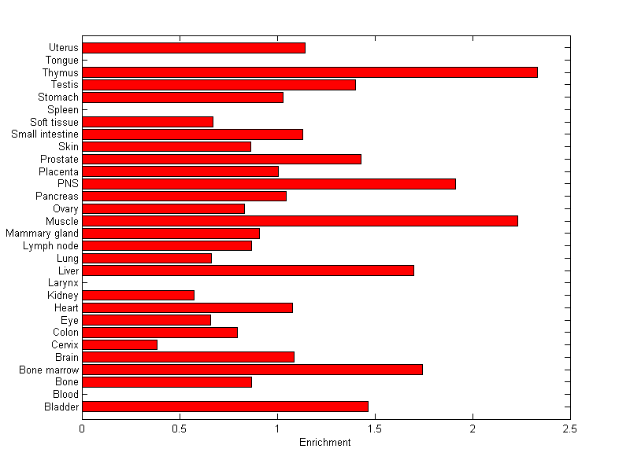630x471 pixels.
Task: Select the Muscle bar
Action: [300, 221]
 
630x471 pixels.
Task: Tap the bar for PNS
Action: [269, 184]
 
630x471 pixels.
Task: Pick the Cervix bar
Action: [120, 344]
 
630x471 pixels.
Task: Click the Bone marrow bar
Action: [252, 370]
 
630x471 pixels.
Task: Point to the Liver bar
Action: [248, 270]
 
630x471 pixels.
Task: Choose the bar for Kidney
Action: [138, 295]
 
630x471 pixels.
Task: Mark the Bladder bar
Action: [225, 407]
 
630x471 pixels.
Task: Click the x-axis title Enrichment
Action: [324, 443]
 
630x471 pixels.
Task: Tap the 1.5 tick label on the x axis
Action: [375, 429]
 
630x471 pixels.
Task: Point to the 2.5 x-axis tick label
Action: [570, 429]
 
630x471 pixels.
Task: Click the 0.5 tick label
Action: [180, 429]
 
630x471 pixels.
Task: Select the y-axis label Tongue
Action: [62, 61]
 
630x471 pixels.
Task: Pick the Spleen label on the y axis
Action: [63, 110]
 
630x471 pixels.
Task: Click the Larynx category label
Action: [63, 283]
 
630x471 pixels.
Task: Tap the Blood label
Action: [65, 394]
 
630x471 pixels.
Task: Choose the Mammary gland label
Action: [42, 234]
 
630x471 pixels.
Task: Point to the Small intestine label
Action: [45, 134]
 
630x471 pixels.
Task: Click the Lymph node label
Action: [50, 246]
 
